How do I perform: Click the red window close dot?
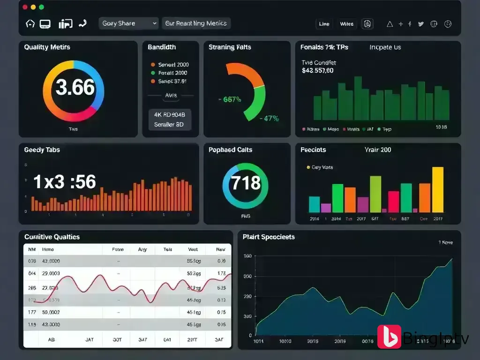click(x=24, y=7)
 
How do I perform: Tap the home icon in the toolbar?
click(x=30, y=23)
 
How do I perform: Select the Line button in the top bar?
click(x=324, y=24)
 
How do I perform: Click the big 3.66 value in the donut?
click(x=75, y=87)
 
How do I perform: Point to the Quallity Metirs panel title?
click(x=47, y=47)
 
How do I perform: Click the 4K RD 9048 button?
click(x=170, y=114)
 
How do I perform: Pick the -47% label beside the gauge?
click(x=270, y=119)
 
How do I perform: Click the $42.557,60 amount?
click(x=318, y=71)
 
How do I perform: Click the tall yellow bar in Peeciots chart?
click(x=437, y=190)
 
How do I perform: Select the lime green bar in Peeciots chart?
click(x=375, y=194)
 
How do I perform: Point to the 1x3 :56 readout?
click(x=65, y=182)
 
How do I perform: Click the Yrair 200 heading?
click(x=378, y=150)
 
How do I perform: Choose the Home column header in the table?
click(x=48, y=250)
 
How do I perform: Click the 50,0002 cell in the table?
click(x=51, y=312)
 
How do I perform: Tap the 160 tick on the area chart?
click(x=247, y=256)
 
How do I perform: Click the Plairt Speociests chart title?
click(x=269, y=237)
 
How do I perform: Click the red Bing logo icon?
click(x=389, y=337)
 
